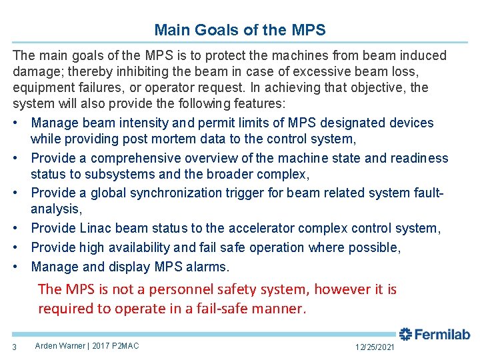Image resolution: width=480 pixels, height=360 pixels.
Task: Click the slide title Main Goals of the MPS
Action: [240, 30]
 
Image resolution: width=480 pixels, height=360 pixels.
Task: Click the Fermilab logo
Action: [435, 334]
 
